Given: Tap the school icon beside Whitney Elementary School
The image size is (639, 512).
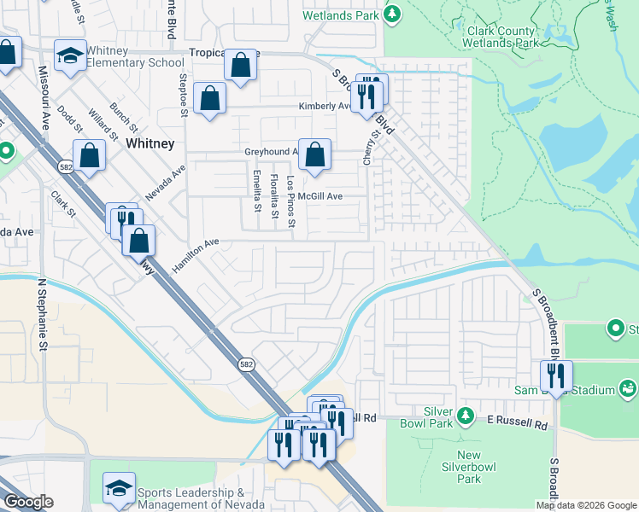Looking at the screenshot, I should click(70, 55).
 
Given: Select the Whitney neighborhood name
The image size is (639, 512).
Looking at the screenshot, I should click(150, 143).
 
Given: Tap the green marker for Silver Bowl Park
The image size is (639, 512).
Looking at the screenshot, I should click(465, 416).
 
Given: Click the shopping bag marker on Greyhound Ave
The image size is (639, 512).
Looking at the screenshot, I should click(314, 156).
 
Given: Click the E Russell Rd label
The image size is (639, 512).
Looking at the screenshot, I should click(516, 422).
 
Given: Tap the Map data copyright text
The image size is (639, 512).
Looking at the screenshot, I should click(586, 505).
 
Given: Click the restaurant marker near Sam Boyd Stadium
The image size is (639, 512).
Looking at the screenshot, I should click(556, 375).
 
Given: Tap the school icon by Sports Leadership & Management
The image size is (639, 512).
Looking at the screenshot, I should click(119, 488).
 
